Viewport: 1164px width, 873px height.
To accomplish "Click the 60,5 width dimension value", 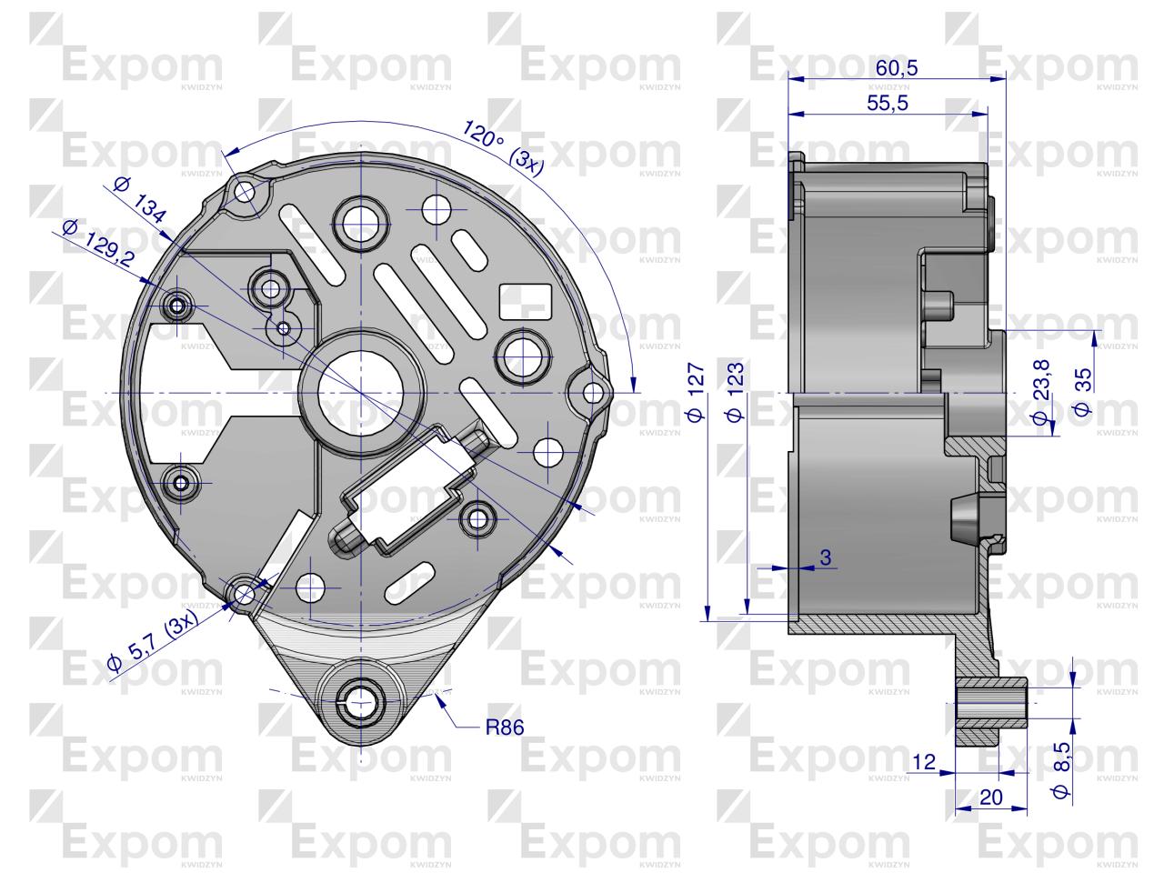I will (897, 68).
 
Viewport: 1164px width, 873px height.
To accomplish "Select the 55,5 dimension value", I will (887, 103).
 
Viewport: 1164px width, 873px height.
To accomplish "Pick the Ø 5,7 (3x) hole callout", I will (152, 645).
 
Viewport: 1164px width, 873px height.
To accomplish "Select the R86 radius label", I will (505, 727).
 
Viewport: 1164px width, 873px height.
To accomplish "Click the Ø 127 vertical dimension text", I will (696, 393).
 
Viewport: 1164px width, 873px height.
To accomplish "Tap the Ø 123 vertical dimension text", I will (736, 393).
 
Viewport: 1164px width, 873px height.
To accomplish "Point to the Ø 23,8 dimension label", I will (1042, 392).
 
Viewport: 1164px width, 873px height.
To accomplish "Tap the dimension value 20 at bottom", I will (990, 797).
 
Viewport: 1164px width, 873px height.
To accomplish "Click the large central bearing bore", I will (361, 392).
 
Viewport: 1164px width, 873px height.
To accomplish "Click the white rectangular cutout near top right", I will (525, 299).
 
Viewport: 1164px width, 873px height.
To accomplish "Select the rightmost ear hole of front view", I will (592, 393).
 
